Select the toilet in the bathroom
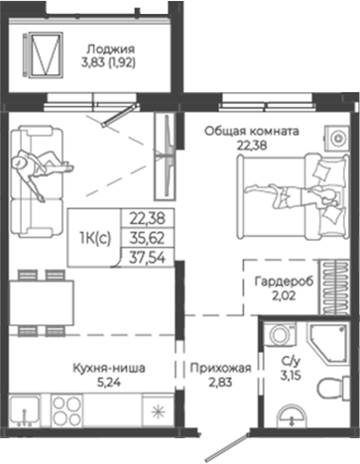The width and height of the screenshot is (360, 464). click(x=288, y=419)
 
